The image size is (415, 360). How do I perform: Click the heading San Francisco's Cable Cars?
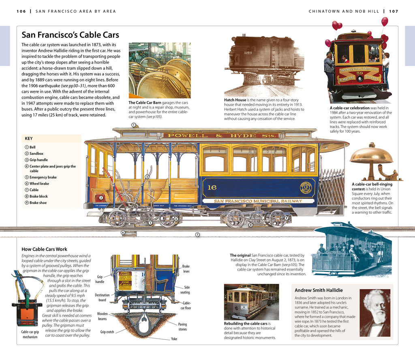tap(70, 35)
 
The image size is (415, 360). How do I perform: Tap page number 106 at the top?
tap(21, 11)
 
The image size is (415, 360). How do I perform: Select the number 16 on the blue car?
tap(212, 187)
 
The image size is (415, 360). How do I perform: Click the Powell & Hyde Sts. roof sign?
tap(220, 136)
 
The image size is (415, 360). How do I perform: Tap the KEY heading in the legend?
tap(29, 138)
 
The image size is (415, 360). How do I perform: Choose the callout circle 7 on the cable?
tap(197, 234)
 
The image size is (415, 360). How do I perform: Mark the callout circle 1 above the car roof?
tap(133, 125)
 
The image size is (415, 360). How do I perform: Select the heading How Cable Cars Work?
tap(44, 249)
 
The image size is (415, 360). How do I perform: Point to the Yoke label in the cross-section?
tap(174, 339)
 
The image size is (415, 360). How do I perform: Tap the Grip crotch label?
tap(107, 332)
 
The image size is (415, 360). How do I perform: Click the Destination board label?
tap(102, 298)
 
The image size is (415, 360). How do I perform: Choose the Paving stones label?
tap(182, 326)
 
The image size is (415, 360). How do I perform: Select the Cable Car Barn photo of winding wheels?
tap(160, 70)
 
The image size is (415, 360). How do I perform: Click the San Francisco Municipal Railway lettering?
tap(258, 201)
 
